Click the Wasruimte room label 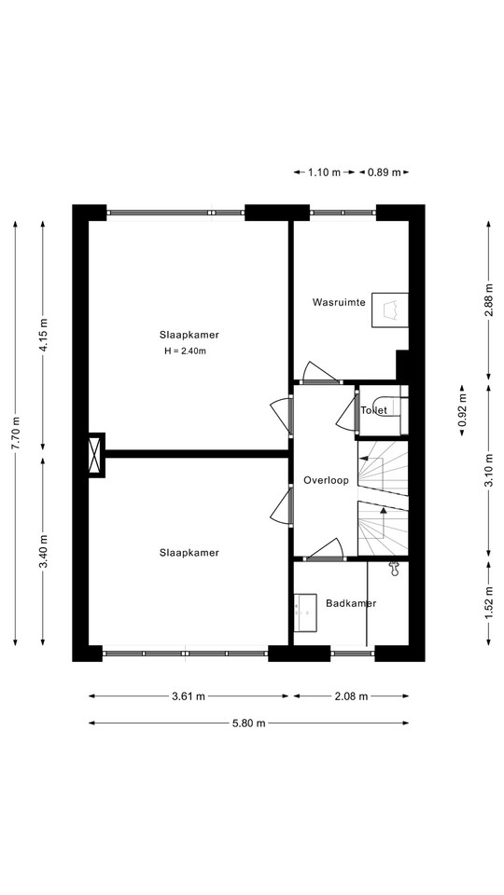tap(338, 302)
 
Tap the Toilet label tap(373, 410)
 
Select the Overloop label tap(326, 480)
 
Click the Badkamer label tap(351, 603)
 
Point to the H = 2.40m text tap(185, 351)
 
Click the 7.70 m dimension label tap(16, 434)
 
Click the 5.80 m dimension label tap(248, 723)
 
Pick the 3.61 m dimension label tap(189, 695)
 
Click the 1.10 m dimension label tap(324, 172)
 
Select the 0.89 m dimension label tap(384, 172)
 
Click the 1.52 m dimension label tap(488, 603)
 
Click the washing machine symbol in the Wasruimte tap(390, 310)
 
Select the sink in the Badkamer tap(305, 613)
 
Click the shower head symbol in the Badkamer tap(393, 568)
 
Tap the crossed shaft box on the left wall tap(97, 455)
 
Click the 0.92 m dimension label tap(462, 410)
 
